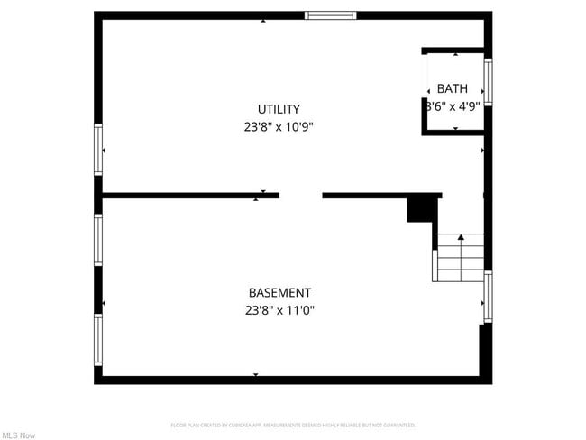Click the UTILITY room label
[x=279, y=109]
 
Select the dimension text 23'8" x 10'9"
[x=279, y=127]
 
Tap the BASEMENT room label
[x=279, y=292]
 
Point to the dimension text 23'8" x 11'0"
[x=279, y=310]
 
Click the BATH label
[x=453, y=88]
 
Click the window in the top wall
[x=331, y=14]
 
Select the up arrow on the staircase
[x=461, y=238]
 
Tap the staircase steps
[x=461, y=258]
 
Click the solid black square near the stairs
[x=421, y=209]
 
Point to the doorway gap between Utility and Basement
[x=300, y=195]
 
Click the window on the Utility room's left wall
[x=98, y=149]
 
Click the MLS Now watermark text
[x=18, y=435]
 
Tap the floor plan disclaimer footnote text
[x=293, y=425]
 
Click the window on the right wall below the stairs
[x=488, y=297]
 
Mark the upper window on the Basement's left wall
[x=98, y=239]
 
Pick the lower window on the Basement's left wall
[x=98, y=337]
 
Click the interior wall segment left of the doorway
[x=190, y=195]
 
